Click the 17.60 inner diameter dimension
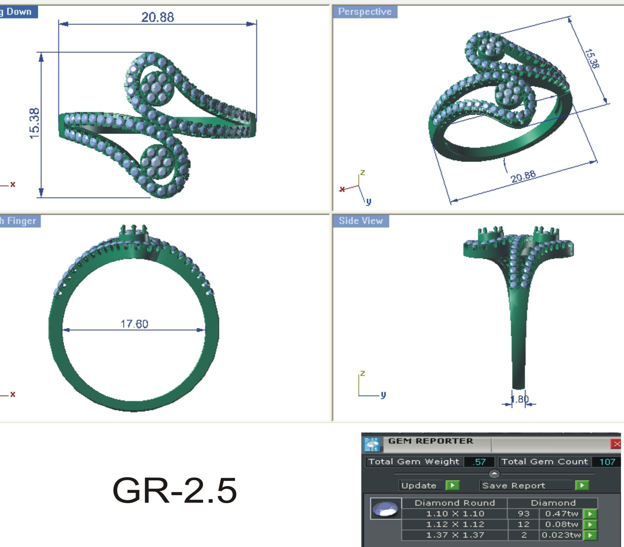coord(134,324)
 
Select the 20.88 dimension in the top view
coord(158,17)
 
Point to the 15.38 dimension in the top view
coord(34,123)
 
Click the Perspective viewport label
coord(365,12)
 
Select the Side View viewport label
coord(361,221)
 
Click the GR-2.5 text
coord(175,491)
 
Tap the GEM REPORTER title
coord(431,441)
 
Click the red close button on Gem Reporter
coord(616,444)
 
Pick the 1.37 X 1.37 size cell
coord(455,535)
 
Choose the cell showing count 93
coord(523,514)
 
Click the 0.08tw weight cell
coord(561,524)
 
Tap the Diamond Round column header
coord(455,503)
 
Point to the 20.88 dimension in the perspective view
coord(523,176)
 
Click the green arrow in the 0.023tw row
coord(590,535)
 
